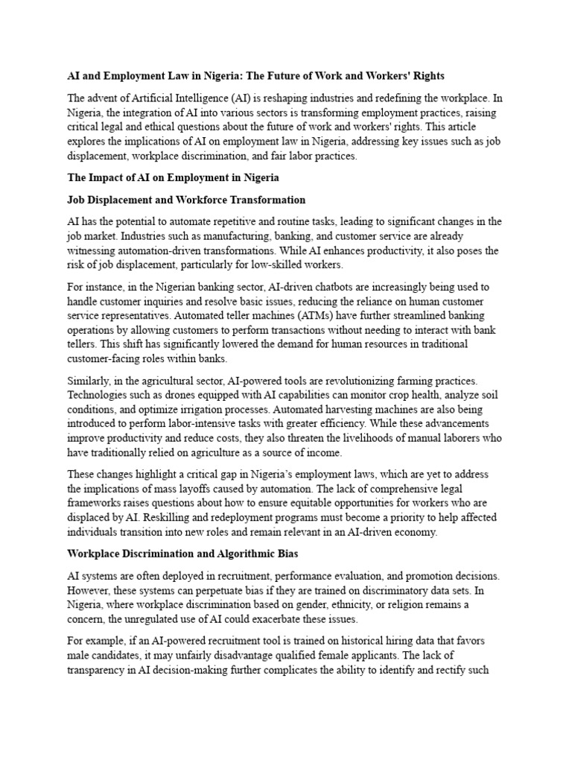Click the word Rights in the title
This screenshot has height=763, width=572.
coord(426,77)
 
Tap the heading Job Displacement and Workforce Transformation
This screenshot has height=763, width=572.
coord(186,200)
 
